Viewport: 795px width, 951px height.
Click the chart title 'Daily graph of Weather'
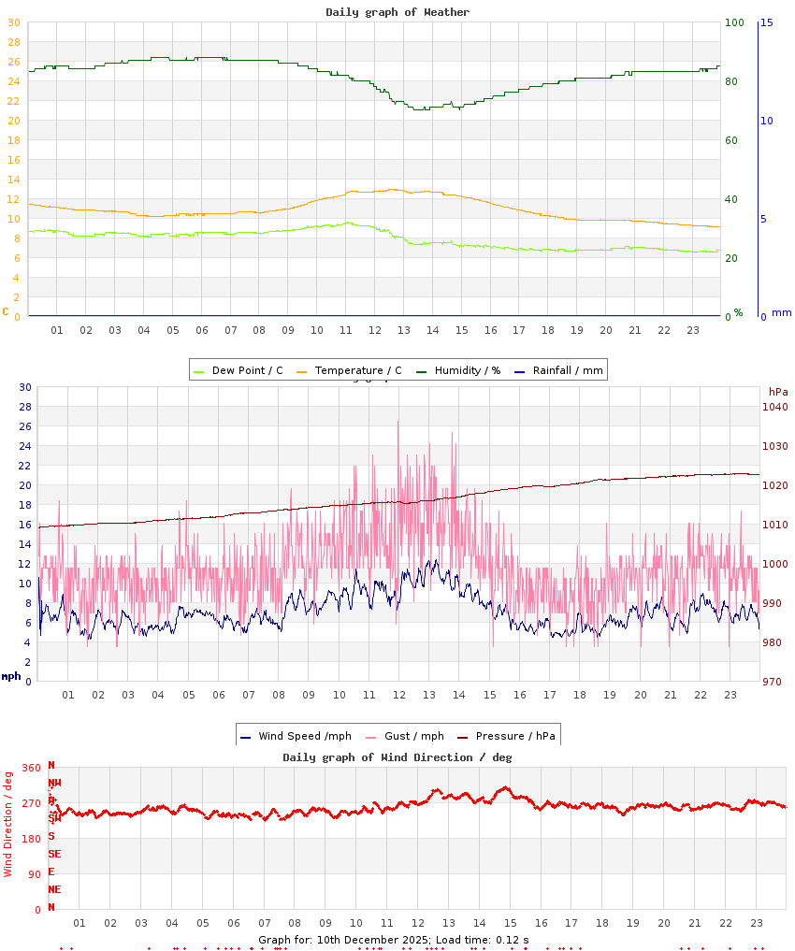click(x=397, y=12)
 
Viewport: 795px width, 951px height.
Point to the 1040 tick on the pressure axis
click(x=775, y=407)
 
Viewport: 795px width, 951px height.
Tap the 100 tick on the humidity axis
click(x=734, y=22)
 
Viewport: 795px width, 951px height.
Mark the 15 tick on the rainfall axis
click(x=766, y=22)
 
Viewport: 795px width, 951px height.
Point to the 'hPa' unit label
click(x=778, y=391)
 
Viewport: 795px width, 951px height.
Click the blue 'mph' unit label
click(x=11, y=676)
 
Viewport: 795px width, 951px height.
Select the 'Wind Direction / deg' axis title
click(x=8, y=823)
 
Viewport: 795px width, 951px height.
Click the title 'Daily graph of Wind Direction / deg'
click(x=397, y=757)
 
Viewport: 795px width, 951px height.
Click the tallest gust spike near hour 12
click(x=398, y=423)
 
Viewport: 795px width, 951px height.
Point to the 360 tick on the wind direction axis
click(x=32, y=768)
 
